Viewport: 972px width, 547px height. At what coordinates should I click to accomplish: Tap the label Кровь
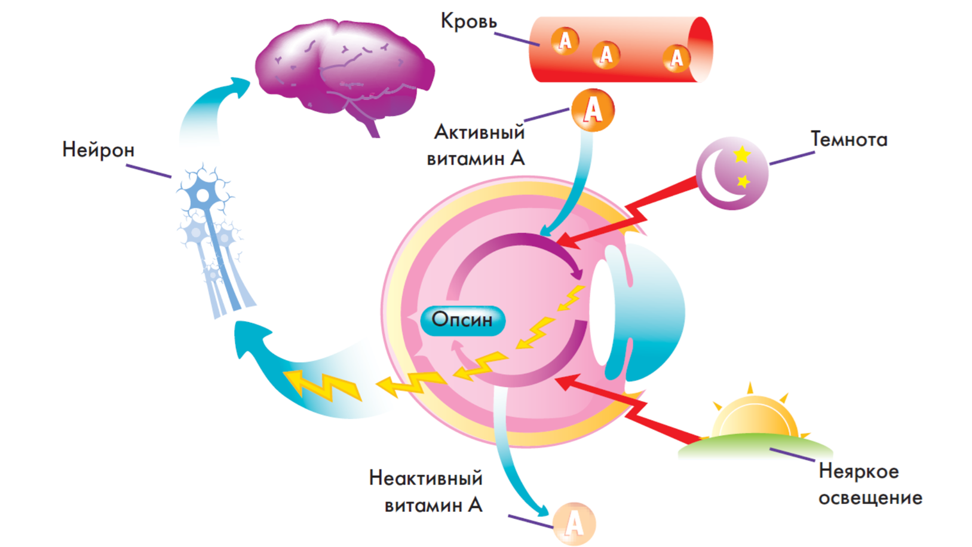coord(468,22)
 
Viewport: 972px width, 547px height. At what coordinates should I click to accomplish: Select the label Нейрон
coord(98,149)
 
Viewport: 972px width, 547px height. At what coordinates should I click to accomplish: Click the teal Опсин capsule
coord(462,320)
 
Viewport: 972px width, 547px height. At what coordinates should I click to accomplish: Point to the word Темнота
coord(848,139)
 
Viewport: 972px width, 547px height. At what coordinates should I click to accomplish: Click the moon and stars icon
coord(731,173)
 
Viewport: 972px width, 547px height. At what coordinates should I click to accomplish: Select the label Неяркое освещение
coord(869,484)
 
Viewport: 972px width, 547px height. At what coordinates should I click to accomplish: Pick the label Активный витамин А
coord(477,145)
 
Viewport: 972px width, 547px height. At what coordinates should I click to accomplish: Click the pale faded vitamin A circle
coord(574,524)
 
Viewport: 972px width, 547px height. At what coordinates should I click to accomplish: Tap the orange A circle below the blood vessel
coord(593,110)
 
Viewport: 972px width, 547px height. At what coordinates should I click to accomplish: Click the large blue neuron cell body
coord(204,195)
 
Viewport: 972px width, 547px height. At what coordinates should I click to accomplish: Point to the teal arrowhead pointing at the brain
coord(239,87)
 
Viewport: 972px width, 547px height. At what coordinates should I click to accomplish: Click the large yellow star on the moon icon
coord(741,155)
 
